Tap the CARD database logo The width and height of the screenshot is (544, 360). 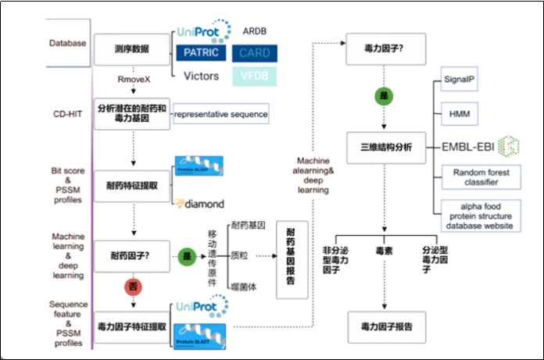[255, 54]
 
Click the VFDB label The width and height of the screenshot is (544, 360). [255, 77]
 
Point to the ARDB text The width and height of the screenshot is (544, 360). [254, 31]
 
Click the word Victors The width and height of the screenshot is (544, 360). [201, 77]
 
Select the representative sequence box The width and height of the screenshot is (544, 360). [220, 114]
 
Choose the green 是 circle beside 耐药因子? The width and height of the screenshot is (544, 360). [188, 255]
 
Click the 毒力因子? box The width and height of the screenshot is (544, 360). [385, 48]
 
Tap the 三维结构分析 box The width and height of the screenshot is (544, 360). [385, 146]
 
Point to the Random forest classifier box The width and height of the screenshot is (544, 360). [477, 178]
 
